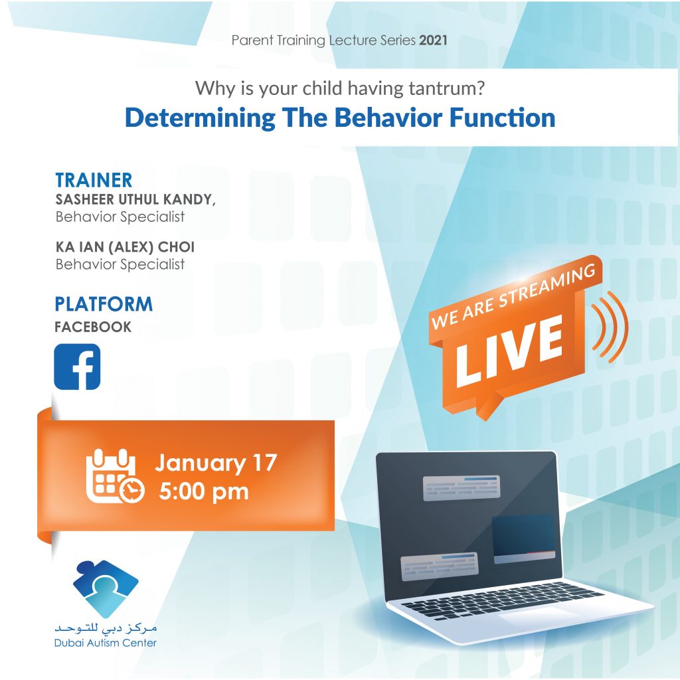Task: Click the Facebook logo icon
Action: tap(77, 367)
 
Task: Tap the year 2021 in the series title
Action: tap(433, 41)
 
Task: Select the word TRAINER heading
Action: tap(94, 180)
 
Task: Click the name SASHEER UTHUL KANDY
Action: tap(135, 199)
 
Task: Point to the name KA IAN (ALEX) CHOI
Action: tap(125, 247)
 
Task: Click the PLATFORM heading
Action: tap(104, 304)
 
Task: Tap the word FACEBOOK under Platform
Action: tap(93, 327)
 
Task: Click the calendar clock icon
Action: tap(115, 476)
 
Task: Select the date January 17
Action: tap(216, 463)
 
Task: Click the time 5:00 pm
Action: tap(204, 492)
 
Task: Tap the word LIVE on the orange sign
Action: tap(509, 351)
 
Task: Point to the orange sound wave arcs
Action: tap(610, 327)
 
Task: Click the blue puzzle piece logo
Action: tap(106, 589)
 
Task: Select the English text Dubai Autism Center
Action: tap(106, 643)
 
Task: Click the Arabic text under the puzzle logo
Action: tap(106, 628)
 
